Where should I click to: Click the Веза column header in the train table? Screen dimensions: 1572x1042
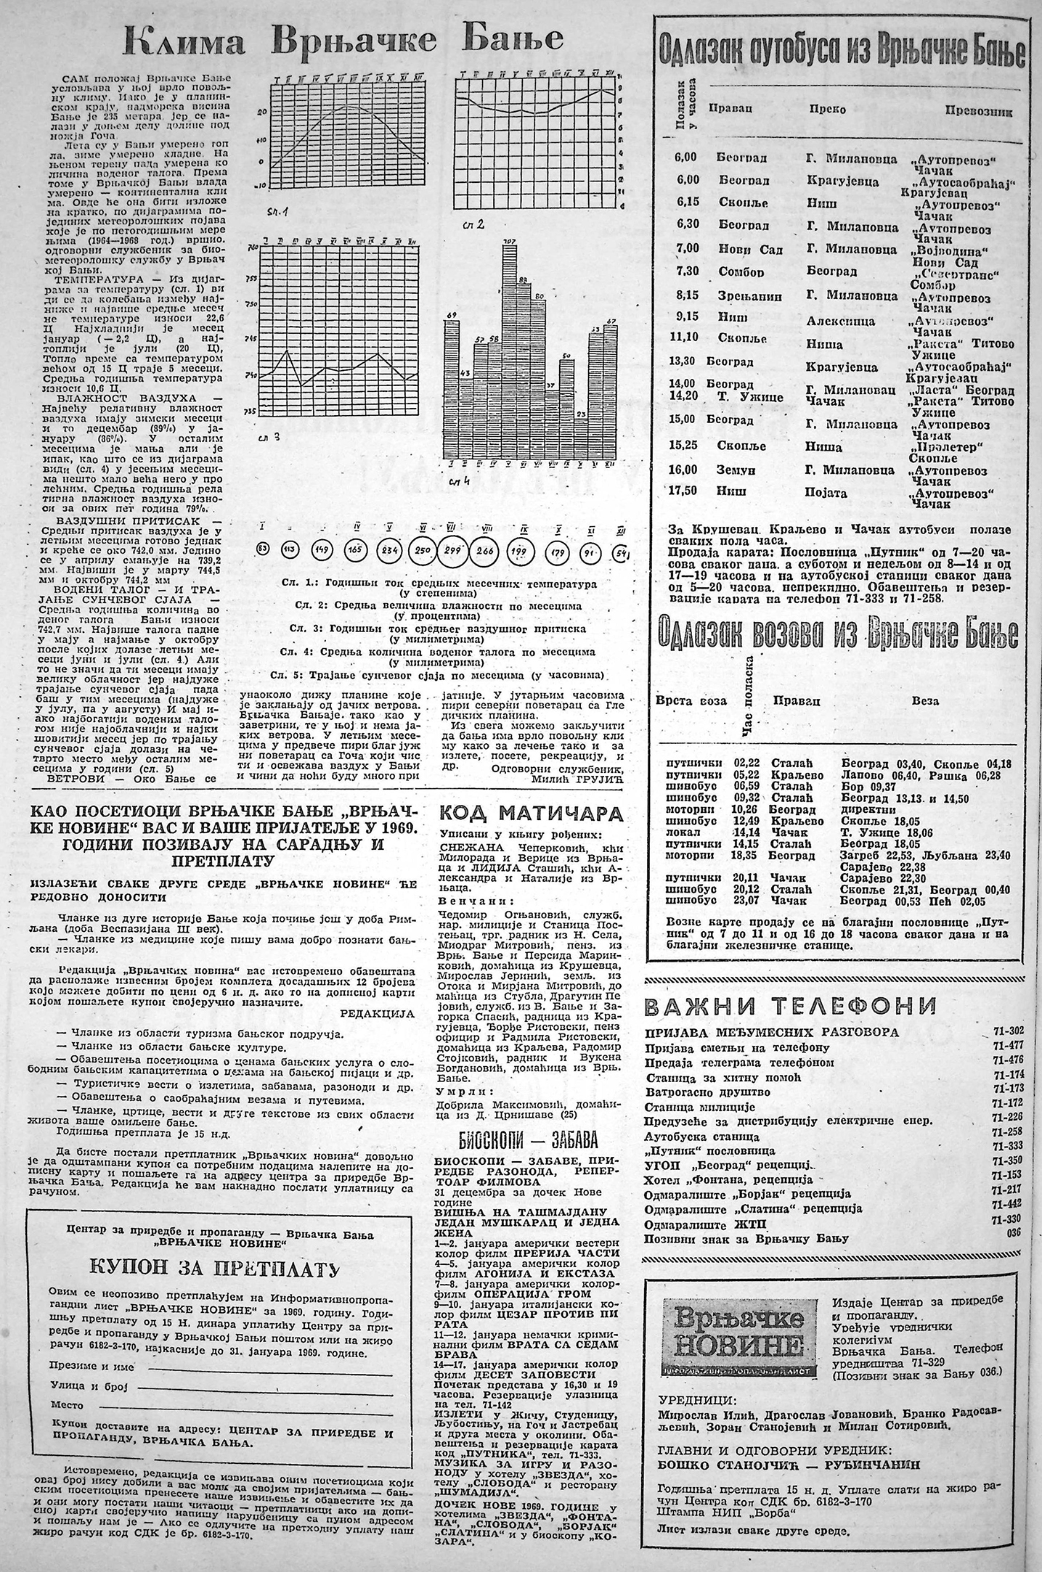[x=924, y=701]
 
